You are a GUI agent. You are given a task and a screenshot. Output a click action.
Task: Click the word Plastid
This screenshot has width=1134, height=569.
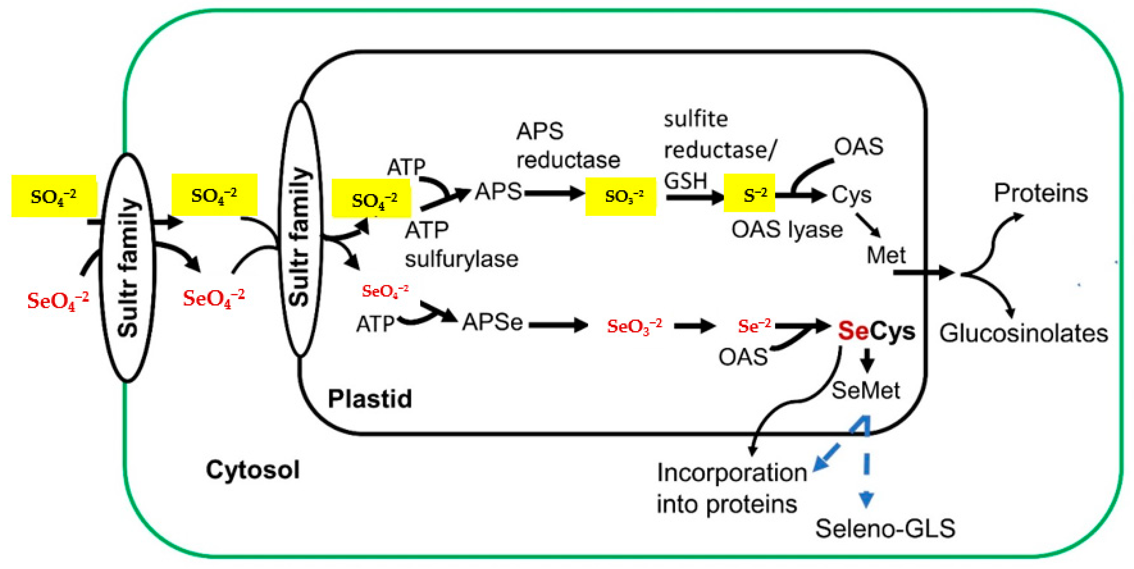pyautogui.click(x=370, y=399)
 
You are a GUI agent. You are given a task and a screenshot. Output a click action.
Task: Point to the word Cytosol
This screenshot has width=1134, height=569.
pyautogui.click(x=253, y=470)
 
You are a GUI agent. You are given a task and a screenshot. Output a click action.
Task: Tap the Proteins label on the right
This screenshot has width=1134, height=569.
pyautogui.click(x=1040, y=193)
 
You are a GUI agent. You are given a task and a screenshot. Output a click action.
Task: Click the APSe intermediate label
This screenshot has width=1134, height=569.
pyautogui.click(x=492, y=323)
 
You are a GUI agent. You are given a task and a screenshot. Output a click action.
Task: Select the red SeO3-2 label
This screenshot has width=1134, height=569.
pyautogui.click(x=634, y=327)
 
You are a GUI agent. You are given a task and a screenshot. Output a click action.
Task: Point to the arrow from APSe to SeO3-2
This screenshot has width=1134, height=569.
pyautogui.click(x=558, y=325)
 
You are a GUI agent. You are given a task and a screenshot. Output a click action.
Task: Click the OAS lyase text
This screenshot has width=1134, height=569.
pyautogui.click(x=787, y=229)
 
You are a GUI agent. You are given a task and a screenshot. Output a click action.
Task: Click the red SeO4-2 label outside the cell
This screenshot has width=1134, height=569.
pyautogui.click(x=58, y=301)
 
